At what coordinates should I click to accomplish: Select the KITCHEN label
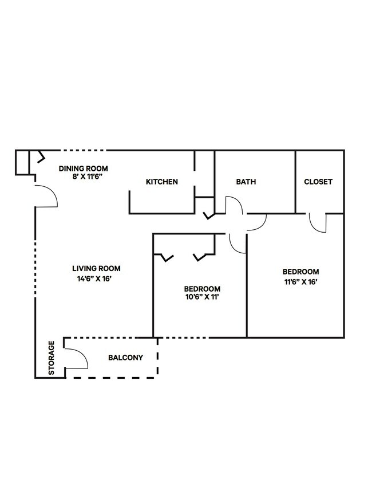pos(162,182)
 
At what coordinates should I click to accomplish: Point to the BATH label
pos(246,182)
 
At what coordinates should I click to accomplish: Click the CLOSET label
pos(318,182)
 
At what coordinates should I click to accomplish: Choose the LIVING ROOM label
pos(96,268)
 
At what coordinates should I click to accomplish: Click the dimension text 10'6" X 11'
pos(202,297)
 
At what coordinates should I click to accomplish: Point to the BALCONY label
pos(125,358)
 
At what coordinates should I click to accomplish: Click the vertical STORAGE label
pos(52,358)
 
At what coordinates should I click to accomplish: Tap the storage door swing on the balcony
pos(77,358)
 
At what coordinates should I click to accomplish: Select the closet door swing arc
pos(317,223)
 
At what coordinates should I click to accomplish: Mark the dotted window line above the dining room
pos(84,151)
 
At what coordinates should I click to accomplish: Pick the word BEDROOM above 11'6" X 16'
pos(300,272)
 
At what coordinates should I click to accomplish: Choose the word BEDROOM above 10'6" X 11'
pos(202,288)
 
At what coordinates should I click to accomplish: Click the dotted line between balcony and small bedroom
pos(183,338)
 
